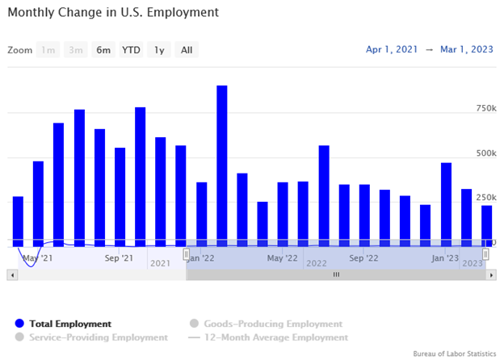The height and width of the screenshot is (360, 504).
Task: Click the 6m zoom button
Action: (103, 50)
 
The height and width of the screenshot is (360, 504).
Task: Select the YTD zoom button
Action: (131, 50)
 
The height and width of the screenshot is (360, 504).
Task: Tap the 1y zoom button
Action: (159, 50)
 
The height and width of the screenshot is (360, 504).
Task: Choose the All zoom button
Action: (187, 50)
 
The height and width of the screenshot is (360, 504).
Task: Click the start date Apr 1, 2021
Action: (392, 50)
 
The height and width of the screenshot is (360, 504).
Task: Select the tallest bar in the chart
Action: (221, 161)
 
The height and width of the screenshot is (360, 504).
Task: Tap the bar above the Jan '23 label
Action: (446, 202)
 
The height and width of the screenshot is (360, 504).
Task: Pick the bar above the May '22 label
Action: (283, 211)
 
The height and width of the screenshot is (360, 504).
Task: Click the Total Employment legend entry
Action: (69, 324)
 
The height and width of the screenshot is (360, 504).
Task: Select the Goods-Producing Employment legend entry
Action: (267, 324)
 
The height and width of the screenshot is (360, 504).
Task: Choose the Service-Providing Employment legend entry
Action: (97, 337)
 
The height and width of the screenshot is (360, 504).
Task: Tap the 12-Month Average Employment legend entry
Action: (275, 337)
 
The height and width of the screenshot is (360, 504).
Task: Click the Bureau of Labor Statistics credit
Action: (454, 354)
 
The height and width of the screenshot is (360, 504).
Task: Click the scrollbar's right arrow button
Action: (491, 275)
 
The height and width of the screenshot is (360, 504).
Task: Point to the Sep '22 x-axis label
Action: (363, 258)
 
